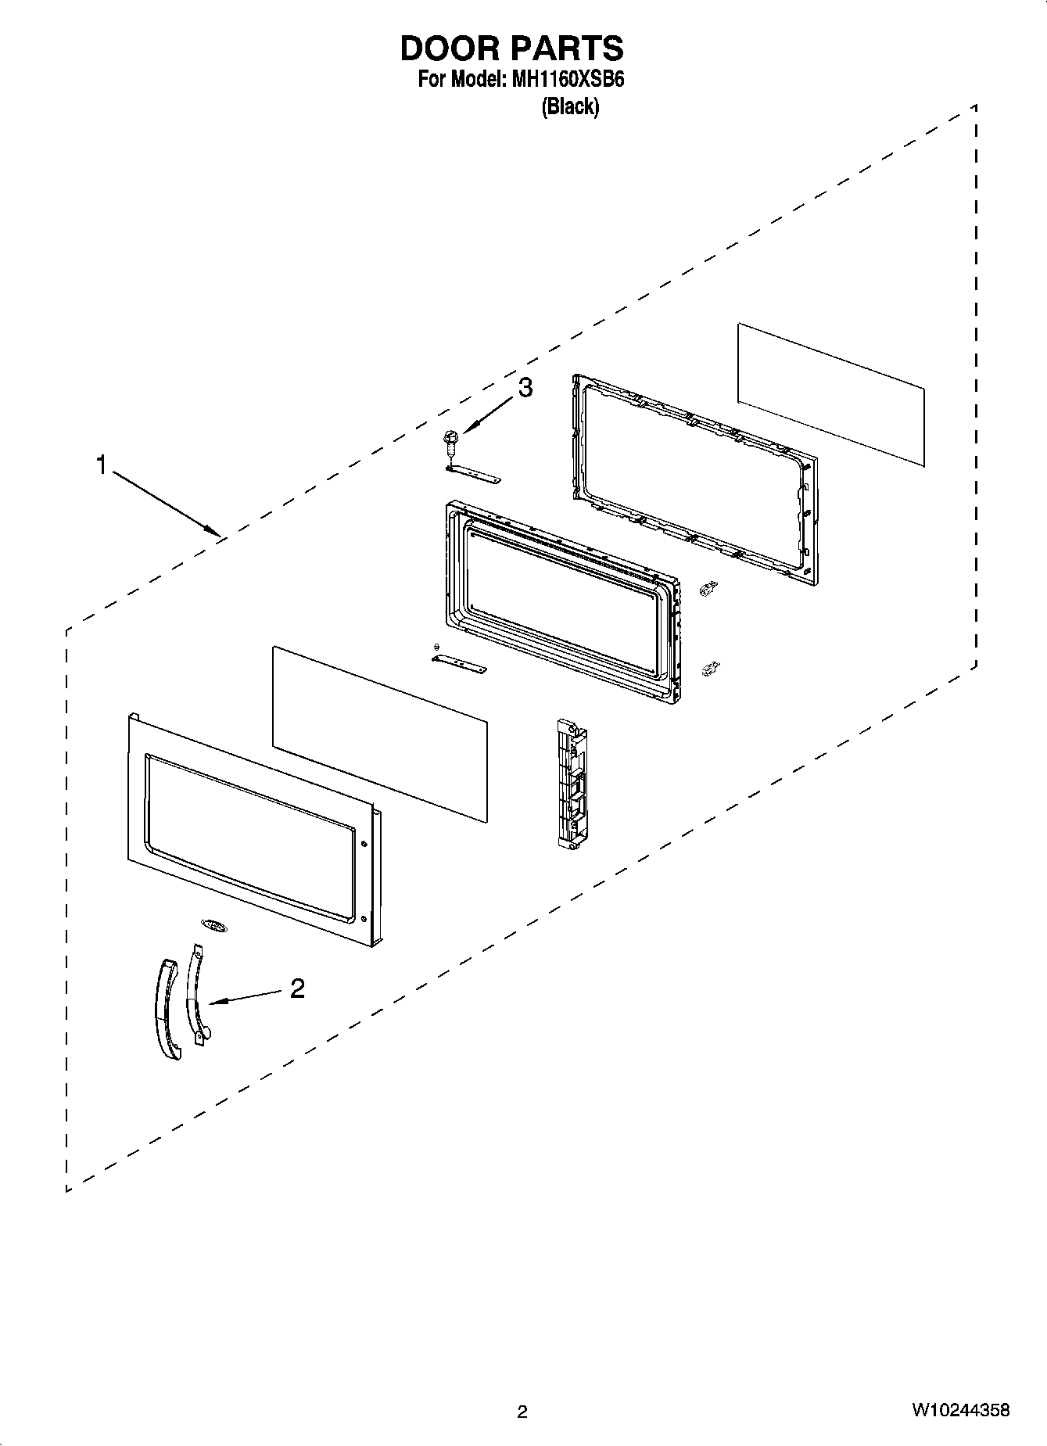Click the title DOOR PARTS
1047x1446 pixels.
pyautogui.click(x=511, y=48)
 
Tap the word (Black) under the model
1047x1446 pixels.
pyautogui.click(x=570, y=106)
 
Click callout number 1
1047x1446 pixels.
pyautogui.click(x=101, y=465)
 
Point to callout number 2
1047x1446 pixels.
pyautogui.click(x=297, y=989)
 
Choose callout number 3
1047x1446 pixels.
pyautogui.click(x=525, y=386)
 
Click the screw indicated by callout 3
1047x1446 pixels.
pyautogui.click(x=451, y=443)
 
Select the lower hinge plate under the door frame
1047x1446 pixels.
pyautogui.click(x=459, y=664)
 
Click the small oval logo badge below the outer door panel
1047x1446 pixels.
pyautogui.click(x=213, y=925)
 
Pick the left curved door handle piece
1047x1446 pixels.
pyautogui.click(x=166, y=1009)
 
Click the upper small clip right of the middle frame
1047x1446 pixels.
pyautogui.click(x=709, y=588)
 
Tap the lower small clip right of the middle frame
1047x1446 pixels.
pyautogui.click(x=710, y=668)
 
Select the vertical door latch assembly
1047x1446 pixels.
pyautogui.click(x=571, y=783)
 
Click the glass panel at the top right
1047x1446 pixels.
pyautogui.click(x=830, y=394)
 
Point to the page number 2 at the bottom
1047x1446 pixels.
pyautogui.click(x=522, y=1412)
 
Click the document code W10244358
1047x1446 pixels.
pyautogui.click(x=960, y=1410)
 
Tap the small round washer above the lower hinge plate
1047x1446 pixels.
pyautogui.click(x=436, y=646)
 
